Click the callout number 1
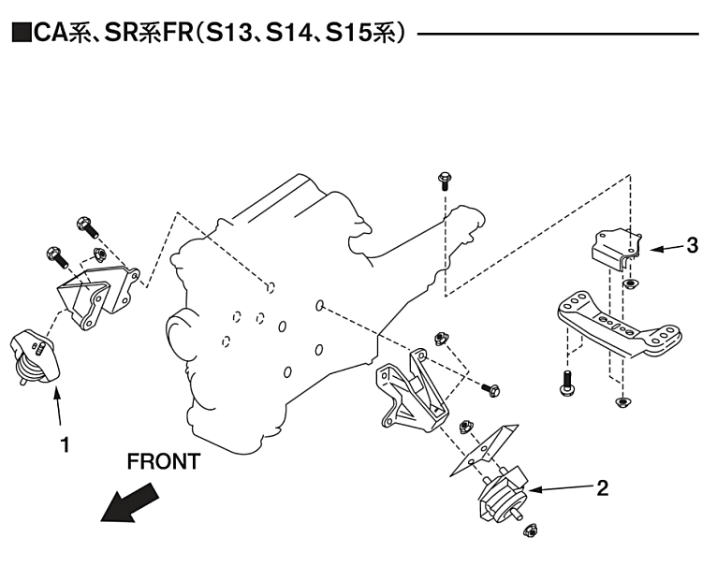pyautogui.click(x=65, y=446)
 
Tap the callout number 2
pyautogui.click(x=603, y=486)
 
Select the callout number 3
pyautogui.click(x=691, y=246)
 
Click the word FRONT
pyautogui.click(x=163, y=461)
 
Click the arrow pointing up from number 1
pyautogui.click(x=59, y=408)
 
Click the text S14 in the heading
pyautogui.click(x=289, y=35)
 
